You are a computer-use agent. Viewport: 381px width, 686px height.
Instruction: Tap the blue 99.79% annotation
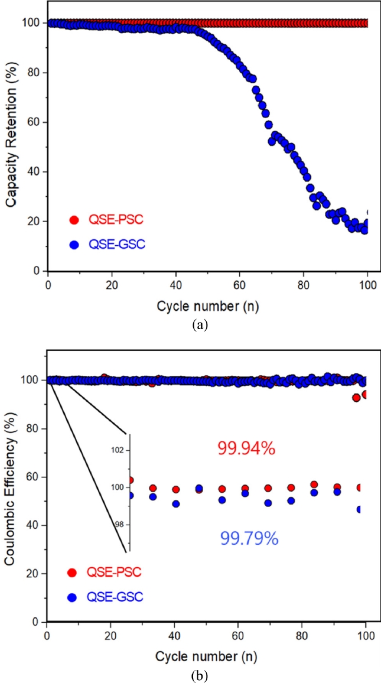tap(249, 538)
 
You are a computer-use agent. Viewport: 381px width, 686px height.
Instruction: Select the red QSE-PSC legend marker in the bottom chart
tap(71, 572)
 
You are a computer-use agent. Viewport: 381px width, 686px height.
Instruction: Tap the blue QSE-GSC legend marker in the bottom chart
tap(71, 597)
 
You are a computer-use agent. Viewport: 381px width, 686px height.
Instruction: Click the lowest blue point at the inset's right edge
tap(359, 509)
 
